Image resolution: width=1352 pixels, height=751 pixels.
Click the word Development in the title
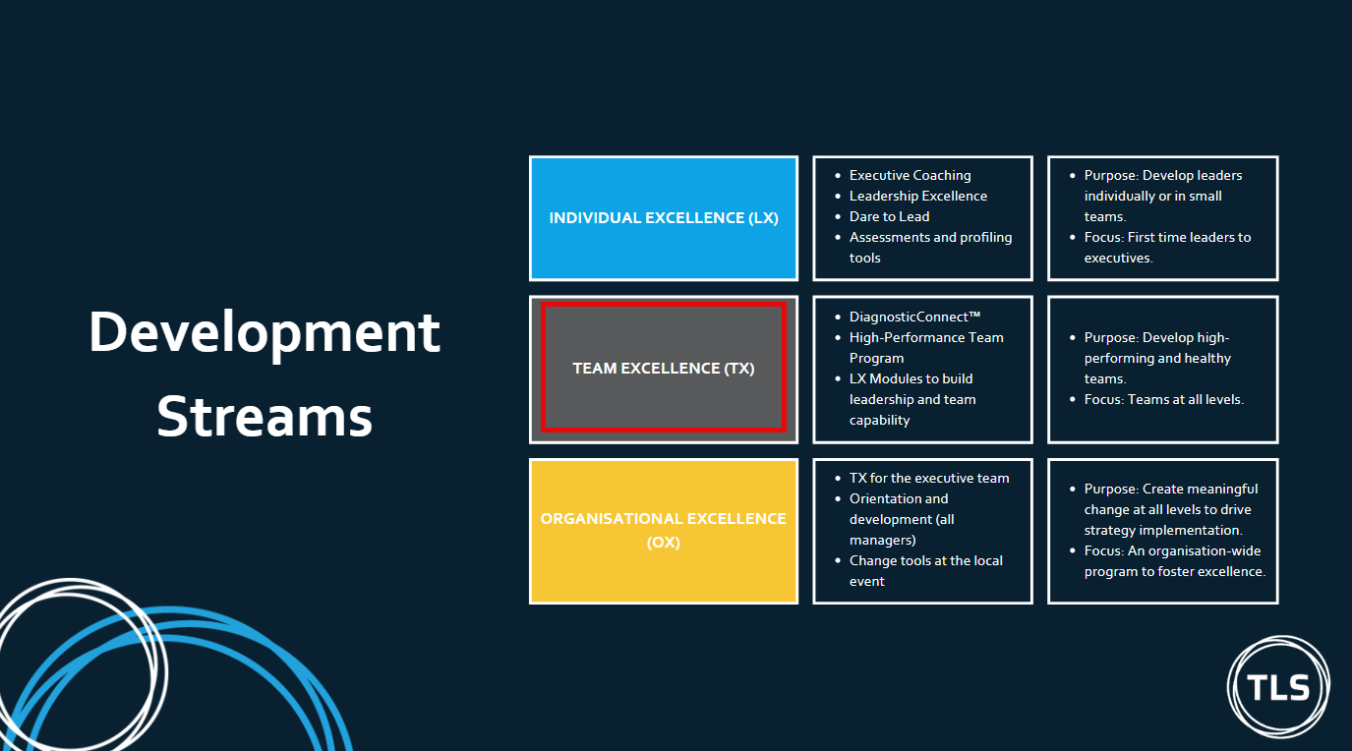(x=265, y=333)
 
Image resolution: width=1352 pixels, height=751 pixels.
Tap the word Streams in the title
(x=265, y=416)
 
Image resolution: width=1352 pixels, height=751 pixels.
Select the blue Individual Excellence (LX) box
(x=664, y=218)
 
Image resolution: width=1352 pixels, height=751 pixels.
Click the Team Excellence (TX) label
(x=664, y=368)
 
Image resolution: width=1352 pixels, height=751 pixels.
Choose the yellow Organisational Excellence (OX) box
(x=664, y=531)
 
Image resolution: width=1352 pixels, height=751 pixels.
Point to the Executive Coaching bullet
(x=910, y=176)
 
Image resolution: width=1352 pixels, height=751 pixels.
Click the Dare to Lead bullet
(x=889, y=216)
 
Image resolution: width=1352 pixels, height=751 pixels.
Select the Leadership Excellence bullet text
(x=918, y=196)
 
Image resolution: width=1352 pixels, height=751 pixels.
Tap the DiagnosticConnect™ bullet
(x=914, y=317)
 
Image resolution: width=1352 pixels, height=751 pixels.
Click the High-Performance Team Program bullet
(x=926, y=347)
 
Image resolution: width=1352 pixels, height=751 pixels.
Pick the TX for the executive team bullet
(x=929, y=479)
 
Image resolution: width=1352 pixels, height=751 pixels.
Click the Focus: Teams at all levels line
(x=1163, y=399)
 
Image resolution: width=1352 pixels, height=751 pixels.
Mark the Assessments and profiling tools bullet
(x=931, y=248)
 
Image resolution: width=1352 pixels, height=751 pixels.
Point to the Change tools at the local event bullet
(x=926, y=571)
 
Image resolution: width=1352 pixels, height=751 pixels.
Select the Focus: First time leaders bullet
(x=1167, y=248)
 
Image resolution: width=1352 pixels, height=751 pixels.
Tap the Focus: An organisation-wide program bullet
(x=1175, y=561)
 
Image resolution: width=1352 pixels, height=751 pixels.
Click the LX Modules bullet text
(x=912, y=399)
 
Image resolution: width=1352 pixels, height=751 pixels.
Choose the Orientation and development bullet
(x=902, y=519)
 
